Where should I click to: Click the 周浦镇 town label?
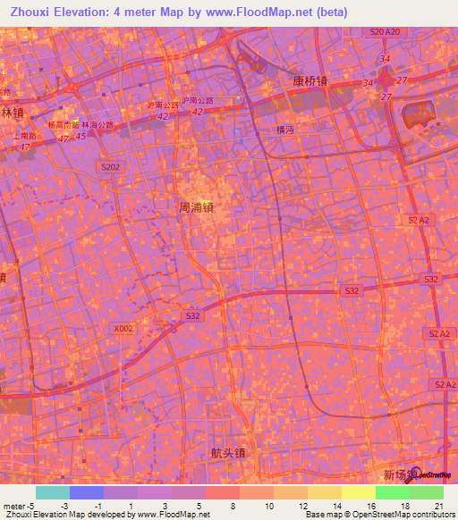tap(196, 206)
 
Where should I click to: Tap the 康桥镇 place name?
tap(310, 80)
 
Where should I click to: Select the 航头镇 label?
tap(227, 453)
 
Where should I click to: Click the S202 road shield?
tap(110, 166)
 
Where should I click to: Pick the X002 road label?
tap(123, 328)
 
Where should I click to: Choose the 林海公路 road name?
tap(98, 125)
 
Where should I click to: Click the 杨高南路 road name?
tap(64, 124)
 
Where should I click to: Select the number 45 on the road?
tap(81, 136)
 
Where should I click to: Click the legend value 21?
tap(439, 506)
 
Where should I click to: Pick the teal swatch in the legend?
tap(52, 492)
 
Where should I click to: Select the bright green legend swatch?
tap(392, 492)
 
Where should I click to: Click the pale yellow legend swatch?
tap(358, 492)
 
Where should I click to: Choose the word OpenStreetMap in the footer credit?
tap(361, 515)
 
